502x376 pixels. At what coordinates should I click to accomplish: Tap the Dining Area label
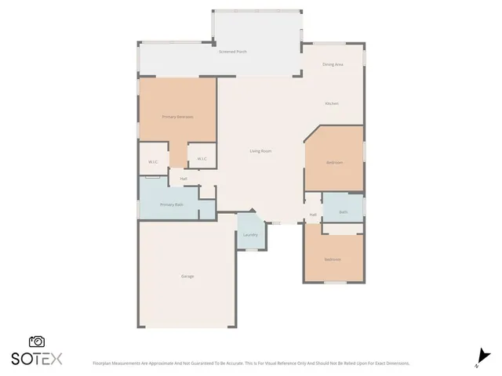pos(333,64)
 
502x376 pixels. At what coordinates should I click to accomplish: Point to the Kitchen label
pos(333,103)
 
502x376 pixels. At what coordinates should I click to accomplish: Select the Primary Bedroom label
pos(177,117)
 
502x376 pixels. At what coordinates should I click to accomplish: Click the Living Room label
pos(260,150)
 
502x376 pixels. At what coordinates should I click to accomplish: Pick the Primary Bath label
pos(172,204)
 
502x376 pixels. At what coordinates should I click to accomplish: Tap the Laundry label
pos(250,235)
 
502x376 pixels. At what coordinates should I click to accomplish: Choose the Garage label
pos(187,277)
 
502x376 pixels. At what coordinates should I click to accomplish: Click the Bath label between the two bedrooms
pos(344,211)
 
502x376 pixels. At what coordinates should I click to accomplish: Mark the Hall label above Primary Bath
pos(184,179)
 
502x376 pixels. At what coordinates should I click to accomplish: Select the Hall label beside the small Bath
pos(313,215)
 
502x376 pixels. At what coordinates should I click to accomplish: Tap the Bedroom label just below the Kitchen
pos(334,163)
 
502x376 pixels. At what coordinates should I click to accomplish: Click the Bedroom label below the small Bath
pos(333,259)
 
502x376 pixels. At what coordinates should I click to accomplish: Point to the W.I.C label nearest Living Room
pos(202,159)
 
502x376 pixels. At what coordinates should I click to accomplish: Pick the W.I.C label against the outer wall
pos(153,162)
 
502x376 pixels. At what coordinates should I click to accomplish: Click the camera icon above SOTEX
pos(36,342)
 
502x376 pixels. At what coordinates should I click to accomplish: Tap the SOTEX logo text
pos(36,360)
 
